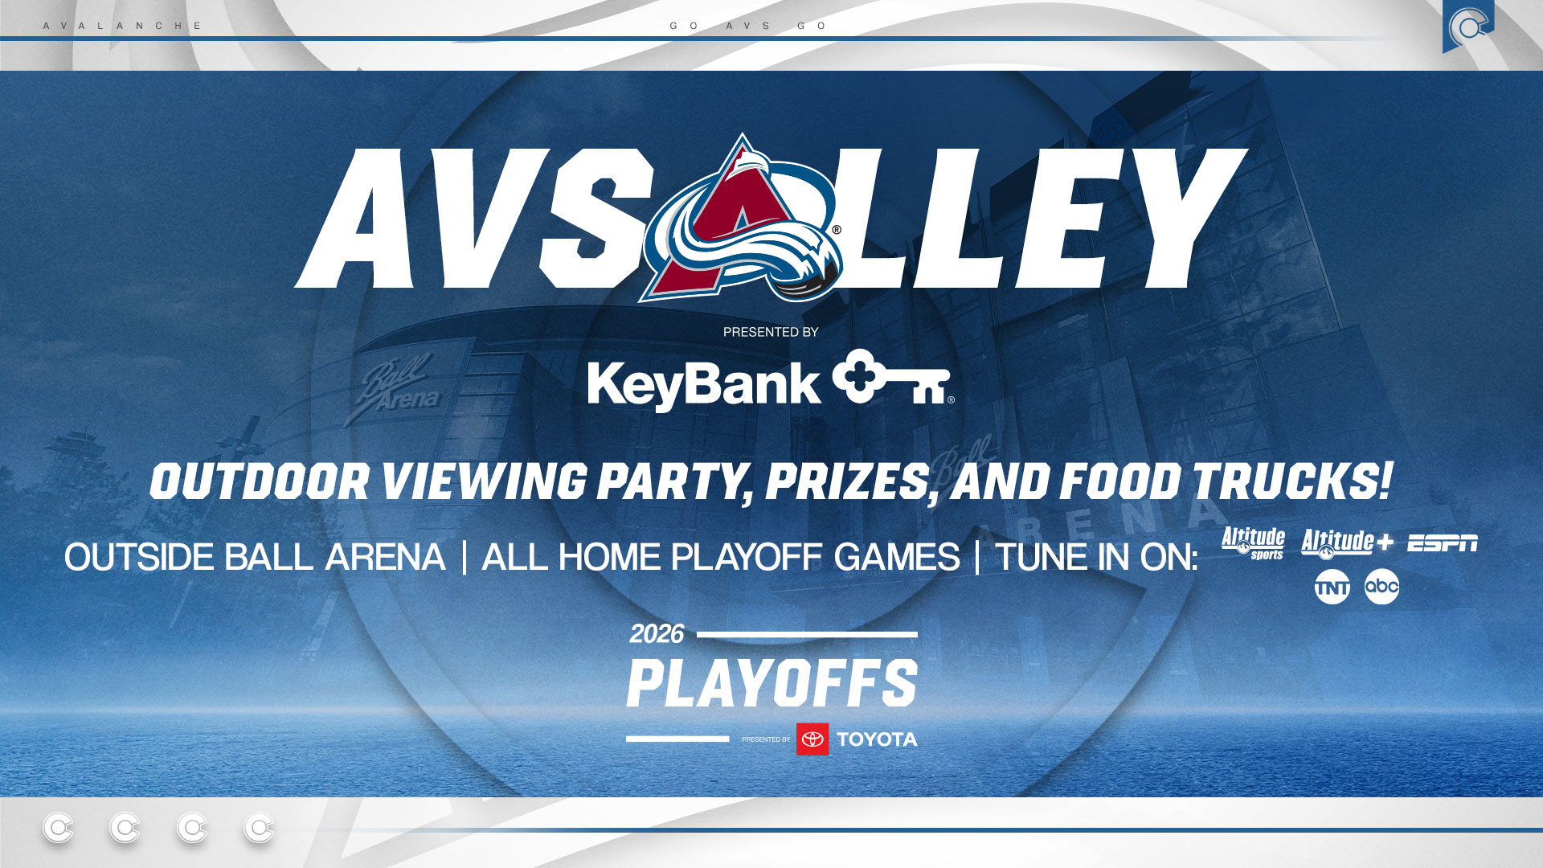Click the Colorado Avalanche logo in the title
tap(741, 222)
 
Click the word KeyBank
tap(703, 385)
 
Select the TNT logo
tap(1332, 588)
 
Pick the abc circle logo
tap(1381, 587)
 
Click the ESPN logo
tap(1442, 543)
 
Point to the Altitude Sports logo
tap(1253, 543)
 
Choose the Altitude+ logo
tap(1346, 543)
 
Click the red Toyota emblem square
tap(812, 739)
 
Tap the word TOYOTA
tap(877, 739)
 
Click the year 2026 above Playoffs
tap(656, 634)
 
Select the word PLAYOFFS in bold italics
tap(771, 683)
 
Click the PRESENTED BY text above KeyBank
tap(771, 332)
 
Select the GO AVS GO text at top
tap(748, 26)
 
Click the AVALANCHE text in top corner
tap(122, 26)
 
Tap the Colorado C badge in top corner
tap(1467, 27)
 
